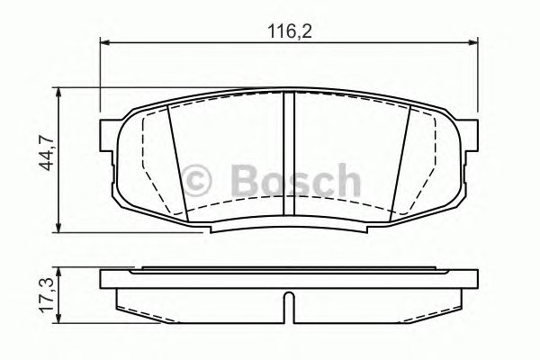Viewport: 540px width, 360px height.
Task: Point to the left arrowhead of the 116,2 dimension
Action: point(103,41)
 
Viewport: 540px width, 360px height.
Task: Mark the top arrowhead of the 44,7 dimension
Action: point(60,92)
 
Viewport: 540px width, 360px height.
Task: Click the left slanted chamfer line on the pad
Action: point(177,162)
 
